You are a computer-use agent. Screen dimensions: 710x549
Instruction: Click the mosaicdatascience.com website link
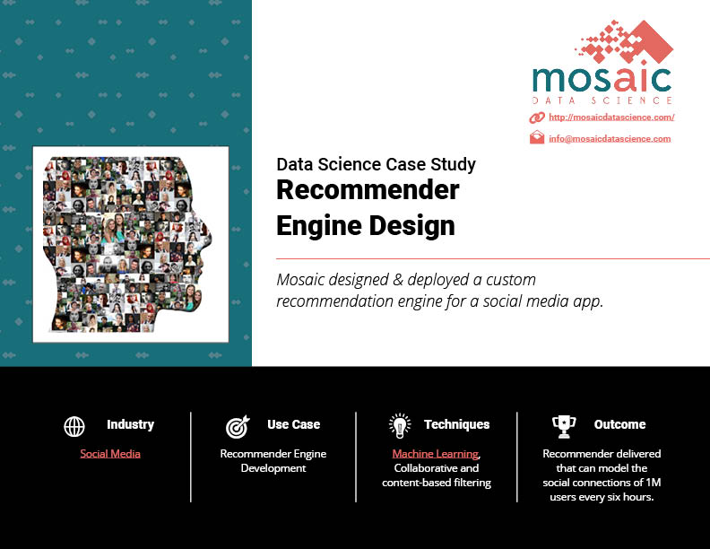(611, 118)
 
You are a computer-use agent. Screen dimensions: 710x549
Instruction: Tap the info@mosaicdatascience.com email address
(610, 139)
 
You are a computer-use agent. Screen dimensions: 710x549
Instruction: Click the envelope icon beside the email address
(537, 137)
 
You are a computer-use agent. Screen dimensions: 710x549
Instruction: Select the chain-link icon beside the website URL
(537, 118)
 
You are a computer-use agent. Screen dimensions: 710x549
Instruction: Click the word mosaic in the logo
(602, 79)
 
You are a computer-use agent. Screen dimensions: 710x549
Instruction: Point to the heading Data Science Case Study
(376, 164)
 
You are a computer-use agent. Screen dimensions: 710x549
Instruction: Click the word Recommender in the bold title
(368, 190)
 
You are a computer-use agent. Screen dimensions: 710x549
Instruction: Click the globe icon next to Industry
(74, 426)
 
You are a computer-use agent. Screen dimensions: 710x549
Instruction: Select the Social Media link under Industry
(110, 453)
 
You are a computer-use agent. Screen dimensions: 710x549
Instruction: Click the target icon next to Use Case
(238, 427)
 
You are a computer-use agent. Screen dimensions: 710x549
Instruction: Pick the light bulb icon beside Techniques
(400, 426)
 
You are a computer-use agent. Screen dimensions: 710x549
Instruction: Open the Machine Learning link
(435, 453)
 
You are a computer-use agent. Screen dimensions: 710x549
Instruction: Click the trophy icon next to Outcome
(564, 427)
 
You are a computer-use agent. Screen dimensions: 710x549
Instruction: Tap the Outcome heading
(619, 424)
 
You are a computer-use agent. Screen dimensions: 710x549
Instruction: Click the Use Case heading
(293, 424)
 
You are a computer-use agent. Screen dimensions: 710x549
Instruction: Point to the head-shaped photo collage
(126, 244)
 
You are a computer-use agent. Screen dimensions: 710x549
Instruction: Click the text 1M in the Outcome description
(654, 483)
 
